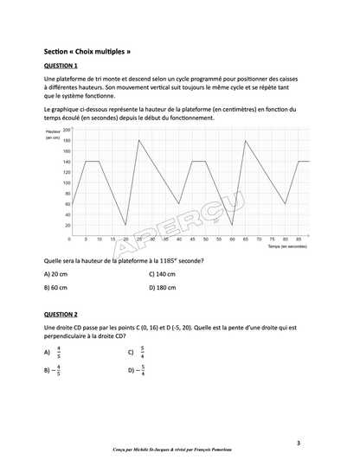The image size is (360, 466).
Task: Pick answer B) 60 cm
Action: point(58,287)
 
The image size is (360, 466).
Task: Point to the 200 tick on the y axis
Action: point(66,130)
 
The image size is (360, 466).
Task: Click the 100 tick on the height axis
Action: point(66,182)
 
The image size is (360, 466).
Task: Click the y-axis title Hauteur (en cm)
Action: point(52,135)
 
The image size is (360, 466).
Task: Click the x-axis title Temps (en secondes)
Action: point(287,246)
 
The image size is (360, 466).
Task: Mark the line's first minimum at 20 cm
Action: point(125,225)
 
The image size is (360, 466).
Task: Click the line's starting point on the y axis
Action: point(72,204)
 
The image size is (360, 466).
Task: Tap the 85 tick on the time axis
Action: point(299,239)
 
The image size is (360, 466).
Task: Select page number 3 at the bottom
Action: point(298,444)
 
